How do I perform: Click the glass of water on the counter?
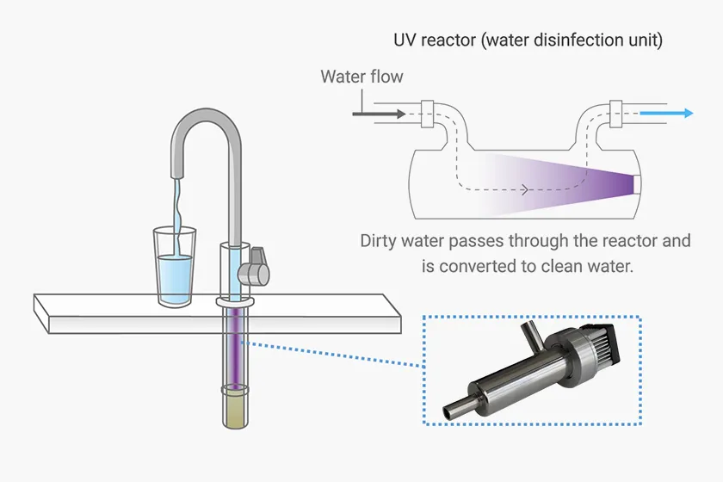pyautogui.click(x=174, y=267)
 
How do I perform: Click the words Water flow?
pyautogui.click(x=361, y=77)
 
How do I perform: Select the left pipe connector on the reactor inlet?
pyautogui.click(x=428, y=112)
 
